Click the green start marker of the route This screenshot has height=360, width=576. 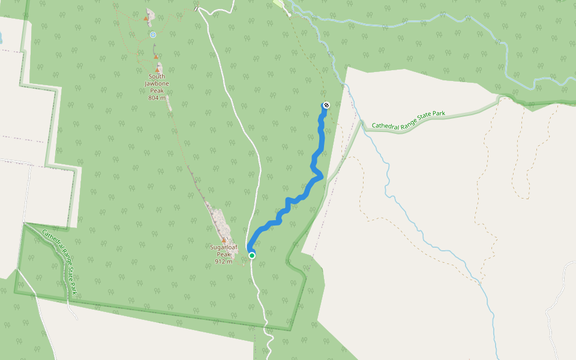pyautogui.click(x=253, y=256)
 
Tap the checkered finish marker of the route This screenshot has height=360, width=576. pyautogui.click(x=326, y=105)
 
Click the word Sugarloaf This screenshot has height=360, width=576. pyautogui.click(x=224, y=247)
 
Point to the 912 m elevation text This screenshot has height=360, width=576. pyautogui.click(x=224, y=261)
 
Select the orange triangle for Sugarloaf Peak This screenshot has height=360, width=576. pyautogui.click(x=224, y=239)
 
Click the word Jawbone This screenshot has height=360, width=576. pyautogui.click(x=157, y=83)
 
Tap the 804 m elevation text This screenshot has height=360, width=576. pyautogui.click(x=157, y=98)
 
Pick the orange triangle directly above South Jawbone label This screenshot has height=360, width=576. pyautogui.click(x=157, y=69)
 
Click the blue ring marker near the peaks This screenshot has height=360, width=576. pyautogui.click(x=153, y=35)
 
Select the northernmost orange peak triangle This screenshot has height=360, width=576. pyautogui.click(x=146, y=18)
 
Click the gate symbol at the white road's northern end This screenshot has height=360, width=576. pyautogui.click(x=196, y=8)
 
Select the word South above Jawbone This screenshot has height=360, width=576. pyautogui.click(x=157, y=76)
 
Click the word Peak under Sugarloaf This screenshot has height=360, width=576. pyautogui.click(x=224, y=254)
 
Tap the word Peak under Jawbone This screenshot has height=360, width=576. pyautogui.click(x=157, y=91)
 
